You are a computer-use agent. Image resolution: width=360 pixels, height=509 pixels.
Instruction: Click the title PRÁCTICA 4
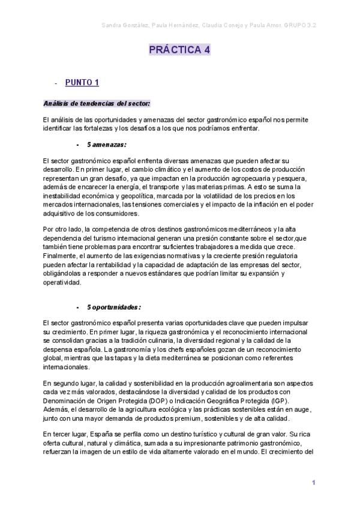coord(179,51)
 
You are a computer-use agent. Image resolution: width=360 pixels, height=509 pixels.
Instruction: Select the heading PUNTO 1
coord(82,82)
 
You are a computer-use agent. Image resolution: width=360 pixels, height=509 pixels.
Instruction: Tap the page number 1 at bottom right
coord(313,483)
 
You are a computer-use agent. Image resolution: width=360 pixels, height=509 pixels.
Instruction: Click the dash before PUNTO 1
coord(55,83)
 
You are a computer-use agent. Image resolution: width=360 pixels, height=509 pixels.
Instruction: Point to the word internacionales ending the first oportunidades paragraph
coord(65,367)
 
